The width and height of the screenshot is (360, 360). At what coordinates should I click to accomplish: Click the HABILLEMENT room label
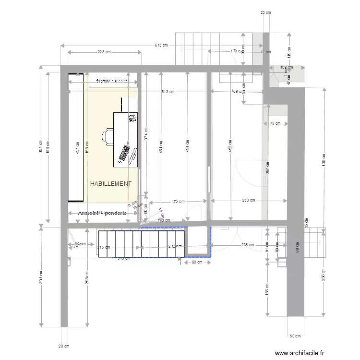(110, 184)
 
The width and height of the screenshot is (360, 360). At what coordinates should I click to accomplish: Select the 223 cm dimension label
(104, 52)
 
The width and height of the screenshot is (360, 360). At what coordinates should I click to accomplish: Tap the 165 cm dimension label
(267, 290)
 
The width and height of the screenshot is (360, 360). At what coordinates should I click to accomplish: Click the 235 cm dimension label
(248, 245)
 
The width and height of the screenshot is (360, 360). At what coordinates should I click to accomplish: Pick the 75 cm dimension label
(275, 124)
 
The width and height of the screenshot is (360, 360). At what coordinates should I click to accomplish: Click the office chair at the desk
(108, 136)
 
